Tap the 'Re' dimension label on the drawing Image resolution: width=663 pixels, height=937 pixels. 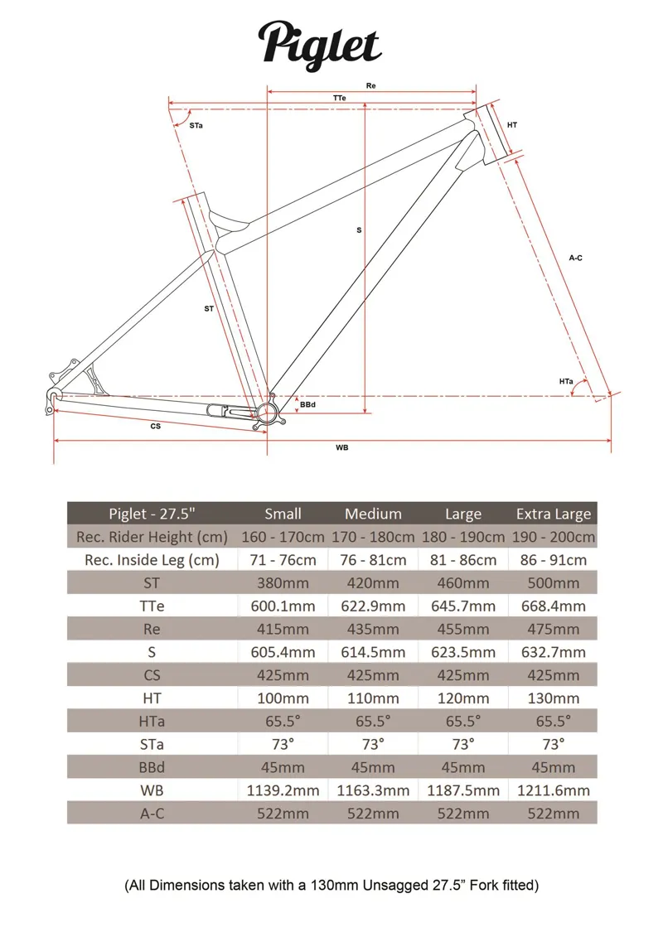point(370,86)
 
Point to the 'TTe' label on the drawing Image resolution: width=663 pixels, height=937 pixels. point(339,98)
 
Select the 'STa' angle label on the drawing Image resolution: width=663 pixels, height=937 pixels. point(196,125)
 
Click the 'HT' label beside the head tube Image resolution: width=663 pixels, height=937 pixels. point(512,125)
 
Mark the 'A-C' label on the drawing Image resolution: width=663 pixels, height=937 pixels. point(576,258)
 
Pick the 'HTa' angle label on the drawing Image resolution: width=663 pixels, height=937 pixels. point(566,381)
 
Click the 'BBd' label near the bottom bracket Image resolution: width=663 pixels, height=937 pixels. point(308,404)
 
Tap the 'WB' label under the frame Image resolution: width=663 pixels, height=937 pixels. point(341,447)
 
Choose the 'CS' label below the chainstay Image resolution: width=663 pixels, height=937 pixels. point(155,426)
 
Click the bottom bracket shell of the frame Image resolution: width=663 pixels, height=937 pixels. point(268,412)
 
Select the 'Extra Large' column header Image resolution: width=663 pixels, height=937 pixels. point(554,514)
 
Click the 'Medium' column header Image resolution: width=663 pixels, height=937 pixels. point(373,514)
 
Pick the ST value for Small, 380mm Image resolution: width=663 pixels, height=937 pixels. point(282,582)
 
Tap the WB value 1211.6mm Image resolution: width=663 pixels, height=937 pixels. point(554,790)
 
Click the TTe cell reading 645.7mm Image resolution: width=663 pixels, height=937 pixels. point(462,606)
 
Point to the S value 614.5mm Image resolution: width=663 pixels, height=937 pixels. point(373,652)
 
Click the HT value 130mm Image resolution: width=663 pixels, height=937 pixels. point(554,698)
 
